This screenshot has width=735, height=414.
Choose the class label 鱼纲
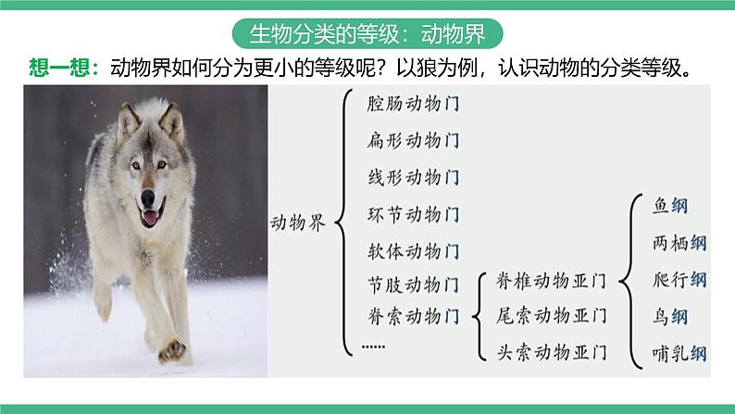670,206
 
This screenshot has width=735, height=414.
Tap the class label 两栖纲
679,244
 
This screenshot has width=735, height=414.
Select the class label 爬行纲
679,280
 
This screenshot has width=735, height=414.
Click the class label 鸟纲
670,317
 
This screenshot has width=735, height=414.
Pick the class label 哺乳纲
679,353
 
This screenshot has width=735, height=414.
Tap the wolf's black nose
148,199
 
